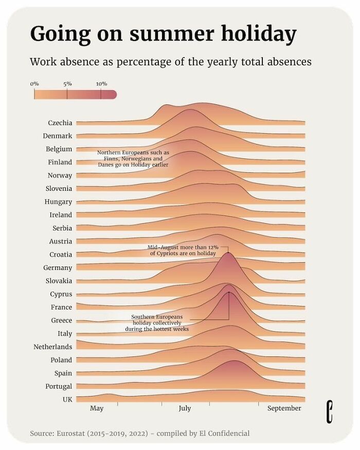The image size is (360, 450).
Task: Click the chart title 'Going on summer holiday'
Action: tap(163, 34)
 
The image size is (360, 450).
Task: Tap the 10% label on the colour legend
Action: tap(101, 83)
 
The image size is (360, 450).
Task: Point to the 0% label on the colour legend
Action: tap(34, 83)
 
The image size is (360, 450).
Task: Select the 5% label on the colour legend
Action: tap(67, 83)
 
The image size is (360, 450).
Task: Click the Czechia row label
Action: tap(60, 123)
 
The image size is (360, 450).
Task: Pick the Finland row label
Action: tap(60, 162)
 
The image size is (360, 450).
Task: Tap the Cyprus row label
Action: tap(61, 294)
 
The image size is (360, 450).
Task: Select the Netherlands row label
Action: tap(52, 347)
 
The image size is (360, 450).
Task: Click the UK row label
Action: tap(67, 399)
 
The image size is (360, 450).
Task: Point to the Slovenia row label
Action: tap(59, 189)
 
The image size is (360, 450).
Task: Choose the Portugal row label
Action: tap(59, 386)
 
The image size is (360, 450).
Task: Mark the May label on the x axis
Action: tap(97, 408)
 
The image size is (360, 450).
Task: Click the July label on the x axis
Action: tap(185, 408)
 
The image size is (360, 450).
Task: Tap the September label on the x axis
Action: tap(284, 408)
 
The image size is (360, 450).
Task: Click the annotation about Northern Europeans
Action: tap(133, 159)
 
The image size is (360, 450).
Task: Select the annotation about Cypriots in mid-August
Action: tap(183, 250)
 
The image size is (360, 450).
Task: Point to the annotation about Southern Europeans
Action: tap(156, 323)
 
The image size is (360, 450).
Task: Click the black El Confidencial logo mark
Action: tap(329, 412)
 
